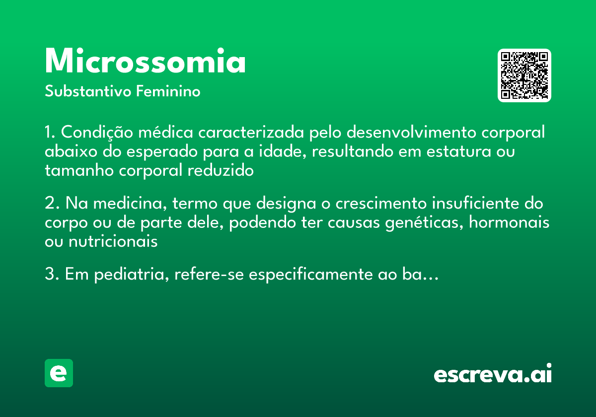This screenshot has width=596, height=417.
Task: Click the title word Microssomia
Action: pos(145,62)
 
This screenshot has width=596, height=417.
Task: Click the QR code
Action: pos(524,75)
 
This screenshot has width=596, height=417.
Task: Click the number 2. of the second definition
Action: pos(51,204)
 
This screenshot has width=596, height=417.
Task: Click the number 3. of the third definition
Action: pos(51,275)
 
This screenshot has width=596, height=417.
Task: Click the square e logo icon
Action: pos(59,373)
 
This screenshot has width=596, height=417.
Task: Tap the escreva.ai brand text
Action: pos(493,374)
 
